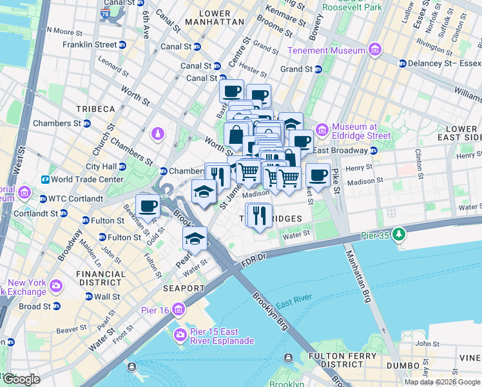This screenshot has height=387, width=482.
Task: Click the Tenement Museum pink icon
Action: coord(374,50)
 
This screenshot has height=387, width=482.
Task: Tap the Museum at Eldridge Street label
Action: coord(362,131)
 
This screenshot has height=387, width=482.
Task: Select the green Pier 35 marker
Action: coord(399,233)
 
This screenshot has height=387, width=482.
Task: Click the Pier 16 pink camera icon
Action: coord(178,310)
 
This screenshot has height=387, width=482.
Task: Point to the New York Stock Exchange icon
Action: coord(56,285)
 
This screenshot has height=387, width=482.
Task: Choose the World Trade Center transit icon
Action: coord(46,179)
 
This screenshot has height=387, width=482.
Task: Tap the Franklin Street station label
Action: coord(90,45)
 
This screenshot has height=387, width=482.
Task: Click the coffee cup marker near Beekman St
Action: coord(148,206)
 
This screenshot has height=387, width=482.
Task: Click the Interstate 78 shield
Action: coord(105,12)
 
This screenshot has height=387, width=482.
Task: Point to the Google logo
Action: coord(21,379)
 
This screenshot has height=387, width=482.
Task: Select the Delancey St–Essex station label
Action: coord(444,63)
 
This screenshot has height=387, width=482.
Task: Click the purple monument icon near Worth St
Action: coord(156,134)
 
